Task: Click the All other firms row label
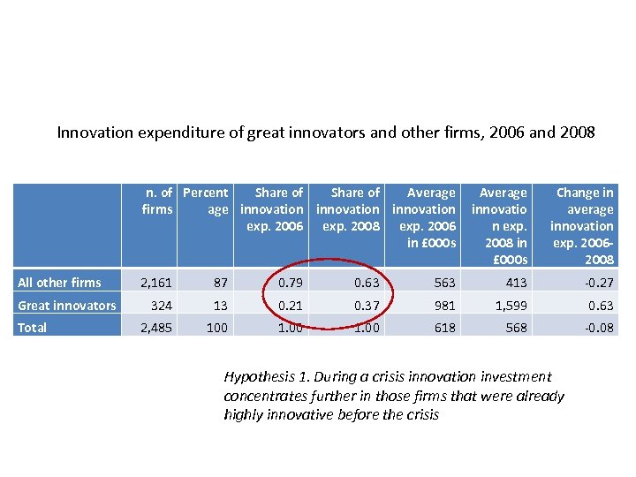pyautogui.click(x=59, y=283)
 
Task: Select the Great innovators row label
pyautogui.click(x=66, y=306)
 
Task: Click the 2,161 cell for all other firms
pyautogui.click(x=155, y=283)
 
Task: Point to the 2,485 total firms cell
pyautogui.click(x=155, y=328)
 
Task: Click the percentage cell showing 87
pyautogui.click(x=220, y=283)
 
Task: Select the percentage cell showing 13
pyautogui.click(x=220, y=306)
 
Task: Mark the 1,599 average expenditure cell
pyautogui.click(x=510, y=306)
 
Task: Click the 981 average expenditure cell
pyautogui.click(x=444, y=306)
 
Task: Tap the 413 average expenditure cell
pyautogui.click(x=516, y=283)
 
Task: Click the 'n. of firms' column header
pyautogui.click(x=157, y=201)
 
